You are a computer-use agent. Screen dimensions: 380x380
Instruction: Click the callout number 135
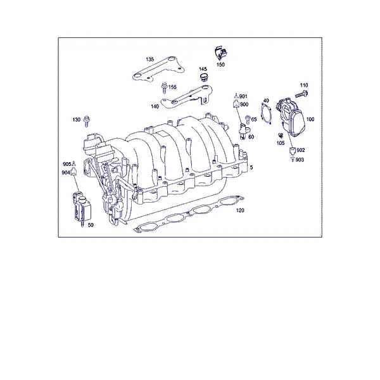pyautogui.click(x=149, y=60)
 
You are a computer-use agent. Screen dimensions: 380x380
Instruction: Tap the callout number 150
pyautogui.click(x=220, y=65)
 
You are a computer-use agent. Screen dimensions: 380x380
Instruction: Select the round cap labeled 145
pyautogui.click(x=204, y=77)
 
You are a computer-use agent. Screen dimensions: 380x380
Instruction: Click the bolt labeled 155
pyautogui.click(x=164, y=88)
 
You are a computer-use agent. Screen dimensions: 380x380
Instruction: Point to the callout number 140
pyautogui.click(x=155, y=106)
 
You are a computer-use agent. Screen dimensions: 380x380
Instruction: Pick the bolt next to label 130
pyautogui.click(x=87, y=121)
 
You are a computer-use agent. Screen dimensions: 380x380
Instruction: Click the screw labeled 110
pyautogui.click(x=301, y=94)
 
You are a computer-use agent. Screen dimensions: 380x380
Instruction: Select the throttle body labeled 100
pyautogui.click(x=291, y=117)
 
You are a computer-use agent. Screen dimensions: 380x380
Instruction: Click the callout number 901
pyautogui.click(x=243, y=96)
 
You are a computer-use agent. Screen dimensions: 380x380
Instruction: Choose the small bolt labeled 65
pyautogui.click(x=248, y=120)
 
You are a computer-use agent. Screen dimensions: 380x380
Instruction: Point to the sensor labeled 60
pyautogui.click(x=243, y=131)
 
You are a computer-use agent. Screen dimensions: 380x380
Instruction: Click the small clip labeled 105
pyautogui.click(x=281, y=136)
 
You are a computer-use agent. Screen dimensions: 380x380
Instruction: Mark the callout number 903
pyautogui.click(x=300, y=160)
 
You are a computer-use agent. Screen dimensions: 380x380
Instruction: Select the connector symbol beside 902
pyautogui.click(x=292, y=150)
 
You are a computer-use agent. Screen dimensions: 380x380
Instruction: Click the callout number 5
pyautogui.click(x=251, y=167)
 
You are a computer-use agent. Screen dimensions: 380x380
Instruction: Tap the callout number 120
pyautogui.click(x=240, y=210)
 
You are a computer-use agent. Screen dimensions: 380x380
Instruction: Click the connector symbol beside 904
pyautogui.click(x=73, y=172)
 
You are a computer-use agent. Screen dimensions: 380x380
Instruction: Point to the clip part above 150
pyautogui.click(x=222, y=53)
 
